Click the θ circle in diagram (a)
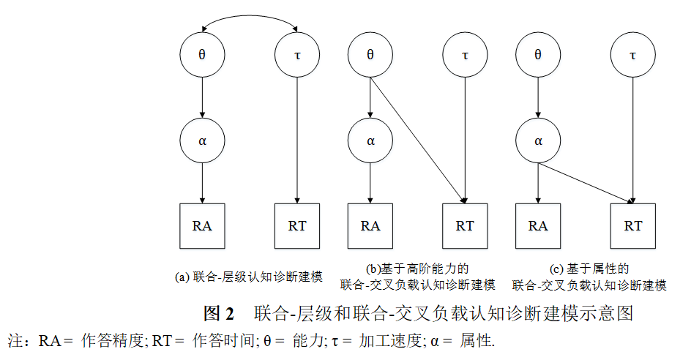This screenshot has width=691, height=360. [202, 55]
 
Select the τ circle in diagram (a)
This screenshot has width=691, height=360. [296, 55]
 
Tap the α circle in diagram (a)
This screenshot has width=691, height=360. [202, 140]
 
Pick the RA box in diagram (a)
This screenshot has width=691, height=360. [202, 225]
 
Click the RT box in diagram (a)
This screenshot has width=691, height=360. [296, 225]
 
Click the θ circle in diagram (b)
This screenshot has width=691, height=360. [370, 55]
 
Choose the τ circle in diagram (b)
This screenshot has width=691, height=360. [465, 55]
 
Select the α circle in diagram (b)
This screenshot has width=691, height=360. [370, 140]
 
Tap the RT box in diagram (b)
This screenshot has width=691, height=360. [465, 225]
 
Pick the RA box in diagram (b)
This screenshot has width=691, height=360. [370, 225]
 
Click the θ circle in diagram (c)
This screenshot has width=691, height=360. [538, 55]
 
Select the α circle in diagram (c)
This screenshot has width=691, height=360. [538, 140]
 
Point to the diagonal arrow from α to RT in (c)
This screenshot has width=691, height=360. [586, 181]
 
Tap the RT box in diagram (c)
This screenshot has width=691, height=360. [633, 225]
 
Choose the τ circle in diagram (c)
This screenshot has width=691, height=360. [633, 55]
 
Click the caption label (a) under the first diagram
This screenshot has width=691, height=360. [183, 277]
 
